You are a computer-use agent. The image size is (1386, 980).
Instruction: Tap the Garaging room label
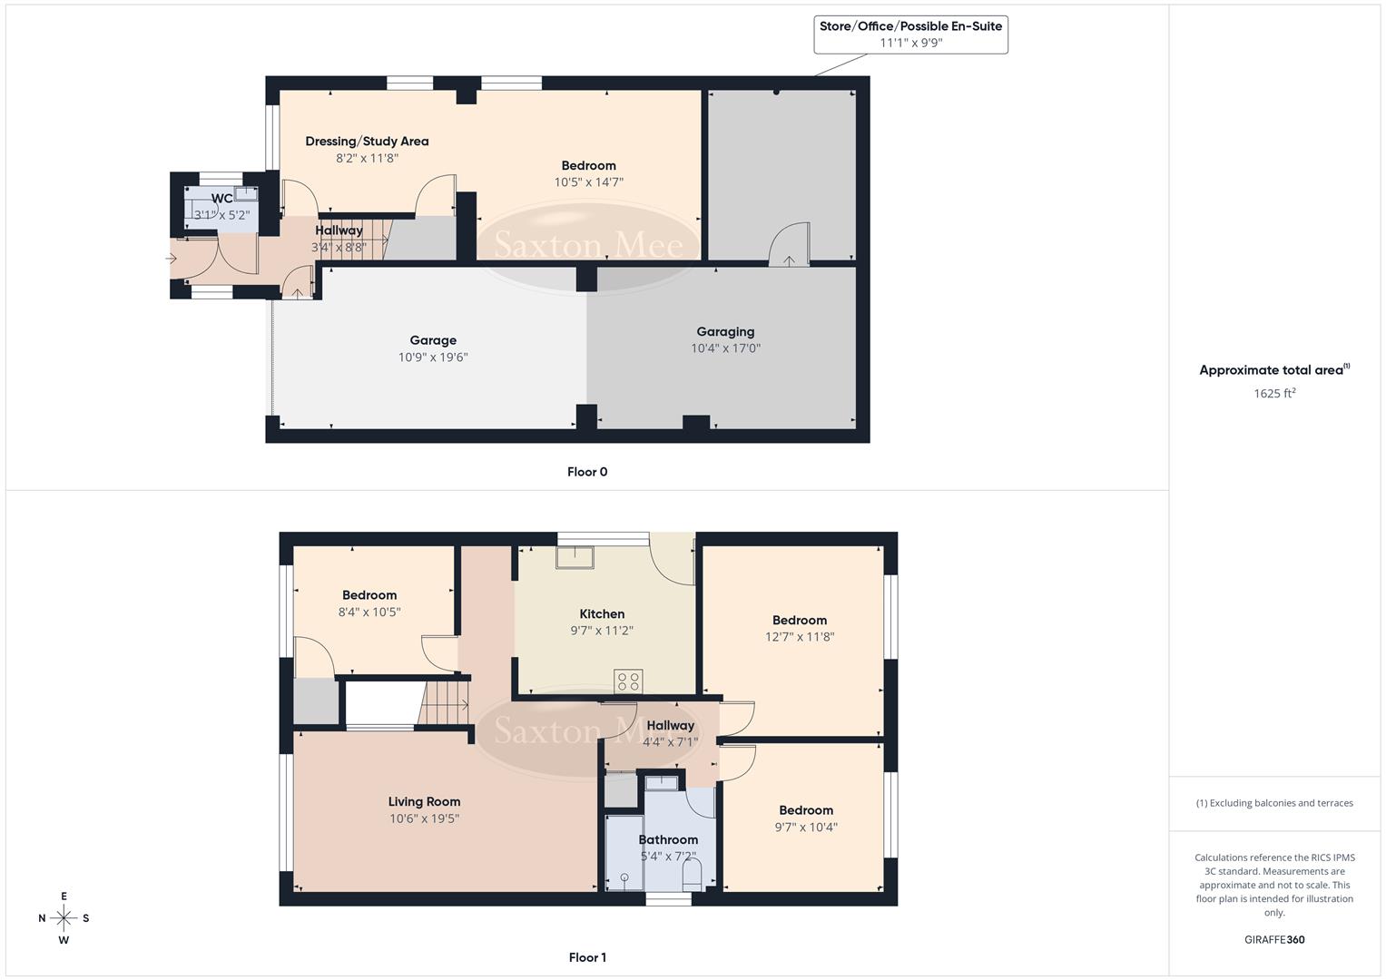point(725,332)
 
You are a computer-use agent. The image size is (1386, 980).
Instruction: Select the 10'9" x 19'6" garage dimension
point(433,358)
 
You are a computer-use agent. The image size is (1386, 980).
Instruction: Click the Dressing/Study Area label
point(367,142)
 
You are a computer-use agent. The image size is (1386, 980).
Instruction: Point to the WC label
point(221,199)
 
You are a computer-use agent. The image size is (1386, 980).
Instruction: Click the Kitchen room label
point(602,614)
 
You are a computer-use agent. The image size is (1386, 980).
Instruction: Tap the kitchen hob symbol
point(628,681)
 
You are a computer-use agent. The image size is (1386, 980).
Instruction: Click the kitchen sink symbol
point(575,556)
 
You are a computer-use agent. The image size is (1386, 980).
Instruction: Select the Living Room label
point(424,802)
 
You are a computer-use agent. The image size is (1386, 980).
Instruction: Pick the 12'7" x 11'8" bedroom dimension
point(800,637)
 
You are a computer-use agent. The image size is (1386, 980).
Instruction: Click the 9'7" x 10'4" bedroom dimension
point(806,828)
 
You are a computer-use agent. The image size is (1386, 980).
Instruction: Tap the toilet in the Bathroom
point(692,874)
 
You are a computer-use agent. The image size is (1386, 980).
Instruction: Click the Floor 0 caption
point(587,472)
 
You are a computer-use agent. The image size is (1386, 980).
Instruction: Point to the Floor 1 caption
point(587,957)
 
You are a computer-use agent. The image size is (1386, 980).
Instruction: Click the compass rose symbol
point(64,918)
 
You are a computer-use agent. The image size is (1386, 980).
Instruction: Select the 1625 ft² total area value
point(1274,394)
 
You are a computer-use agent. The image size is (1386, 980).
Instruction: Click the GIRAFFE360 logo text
point(1274,940)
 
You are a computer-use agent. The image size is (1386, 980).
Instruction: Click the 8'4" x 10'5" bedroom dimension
point(369,612)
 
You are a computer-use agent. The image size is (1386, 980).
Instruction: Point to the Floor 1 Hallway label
point(670,726)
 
